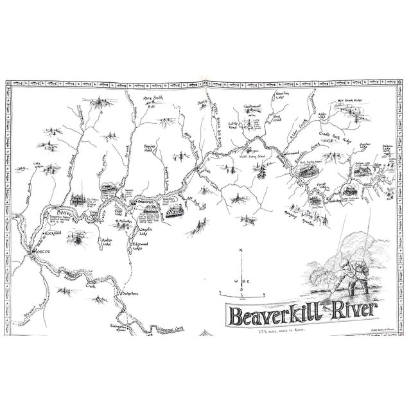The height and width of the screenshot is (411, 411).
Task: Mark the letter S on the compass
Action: [x=241, y=297]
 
